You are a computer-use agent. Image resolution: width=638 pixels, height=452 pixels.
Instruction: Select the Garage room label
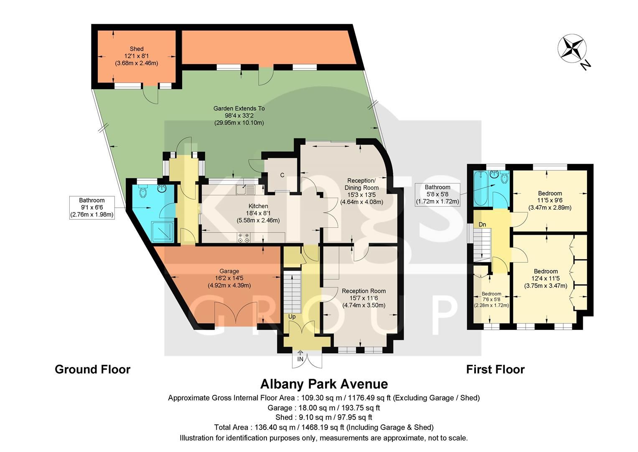tap(229, 278)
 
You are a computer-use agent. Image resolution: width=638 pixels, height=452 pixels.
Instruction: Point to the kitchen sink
tap(245, 190)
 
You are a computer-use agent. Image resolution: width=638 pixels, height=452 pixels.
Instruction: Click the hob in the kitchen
tap(244, 238)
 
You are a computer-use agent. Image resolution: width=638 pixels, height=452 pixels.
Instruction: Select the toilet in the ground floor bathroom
tap(143, 192)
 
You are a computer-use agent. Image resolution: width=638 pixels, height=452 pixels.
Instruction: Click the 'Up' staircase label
tap(292, 317)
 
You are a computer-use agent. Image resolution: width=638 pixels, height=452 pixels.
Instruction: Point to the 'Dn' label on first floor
tap(482, 225)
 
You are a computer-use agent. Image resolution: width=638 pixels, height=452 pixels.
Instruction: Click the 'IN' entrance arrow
tap(300, 357)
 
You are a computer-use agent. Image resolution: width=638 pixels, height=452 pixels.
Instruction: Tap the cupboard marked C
tap(282, 175)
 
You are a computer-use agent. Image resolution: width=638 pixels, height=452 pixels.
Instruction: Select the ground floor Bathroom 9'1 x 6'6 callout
tap(92, 208)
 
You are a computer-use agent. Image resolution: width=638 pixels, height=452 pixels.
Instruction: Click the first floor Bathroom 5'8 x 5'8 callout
tap(437, 194)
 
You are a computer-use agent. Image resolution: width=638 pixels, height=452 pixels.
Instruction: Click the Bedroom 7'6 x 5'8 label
tap(491, 299)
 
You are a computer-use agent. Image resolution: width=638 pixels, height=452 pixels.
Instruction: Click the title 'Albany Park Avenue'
tap(324, 384)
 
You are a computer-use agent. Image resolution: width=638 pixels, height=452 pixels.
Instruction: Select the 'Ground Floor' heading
tap(92, 370)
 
